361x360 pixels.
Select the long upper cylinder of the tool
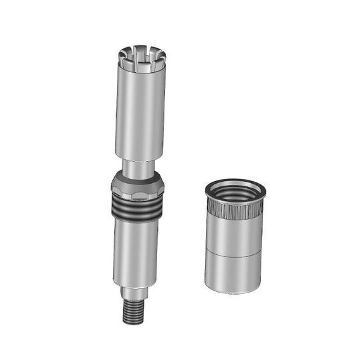pyautogui.click(x=140, y=114)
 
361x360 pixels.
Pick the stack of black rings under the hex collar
pyautogui.click(x=136, y=208)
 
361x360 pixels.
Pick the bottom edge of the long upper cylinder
pyautogui.click(x=140, y=158)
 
